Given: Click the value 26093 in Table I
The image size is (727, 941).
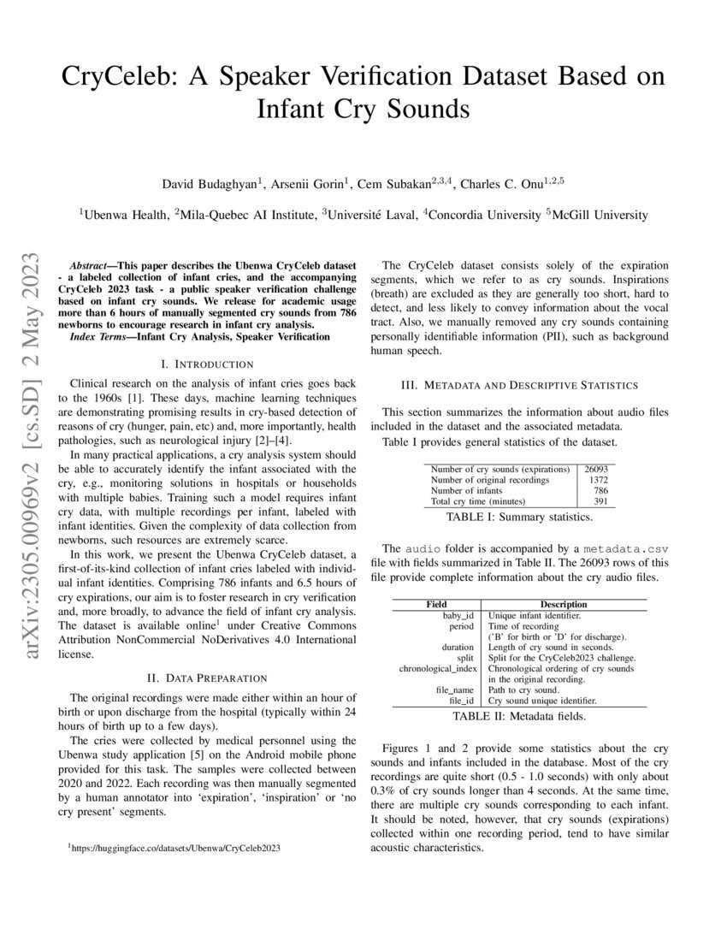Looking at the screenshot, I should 596,469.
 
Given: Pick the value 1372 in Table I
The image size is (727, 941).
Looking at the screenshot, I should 600,480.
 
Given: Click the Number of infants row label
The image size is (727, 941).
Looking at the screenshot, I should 466,491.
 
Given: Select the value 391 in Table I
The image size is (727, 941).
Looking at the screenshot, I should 602,501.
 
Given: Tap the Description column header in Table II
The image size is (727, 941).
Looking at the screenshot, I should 563,604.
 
